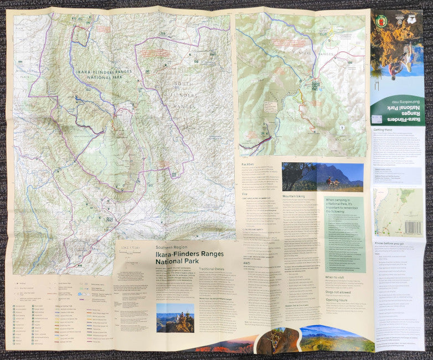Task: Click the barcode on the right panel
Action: [x=413, y=227]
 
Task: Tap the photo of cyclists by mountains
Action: [x=322, y=177]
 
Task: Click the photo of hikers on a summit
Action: [x=175, y=317]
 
